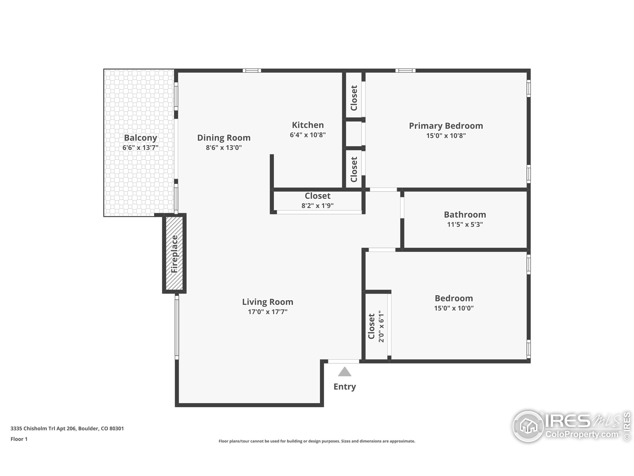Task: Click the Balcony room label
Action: (x=140, y=138)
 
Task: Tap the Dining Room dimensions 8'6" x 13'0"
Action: (x=224, y=148)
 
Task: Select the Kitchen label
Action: (x=308, y=125)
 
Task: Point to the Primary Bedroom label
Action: (x=446, y=126)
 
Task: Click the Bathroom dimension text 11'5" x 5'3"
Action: (x=465, y=224)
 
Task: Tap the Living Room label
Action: (x=268, y=302)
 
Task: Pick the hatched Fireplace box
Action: (x=175, y=254)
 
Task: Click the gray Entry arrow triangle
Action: (x=344, y=372)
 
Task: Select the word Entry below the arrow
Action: (x=345, y=387)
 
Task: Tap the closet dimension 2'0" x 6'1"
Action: (x=381, y=326)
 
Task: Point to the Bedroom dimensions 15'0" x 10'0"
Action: (x=454, y=308)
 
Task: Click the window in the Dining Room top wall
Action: (x=252, y=71)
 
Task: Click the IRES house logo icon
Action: (x=528, y=426)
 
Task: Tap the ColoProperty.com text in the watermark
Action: (x=582, y=434)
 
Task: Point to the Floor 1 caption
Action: (x=19, y=439)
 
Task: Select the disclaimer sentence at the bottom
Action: (x=317, y=441)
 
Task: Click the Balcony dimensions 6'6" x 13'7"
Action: (x=140, y=148)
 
